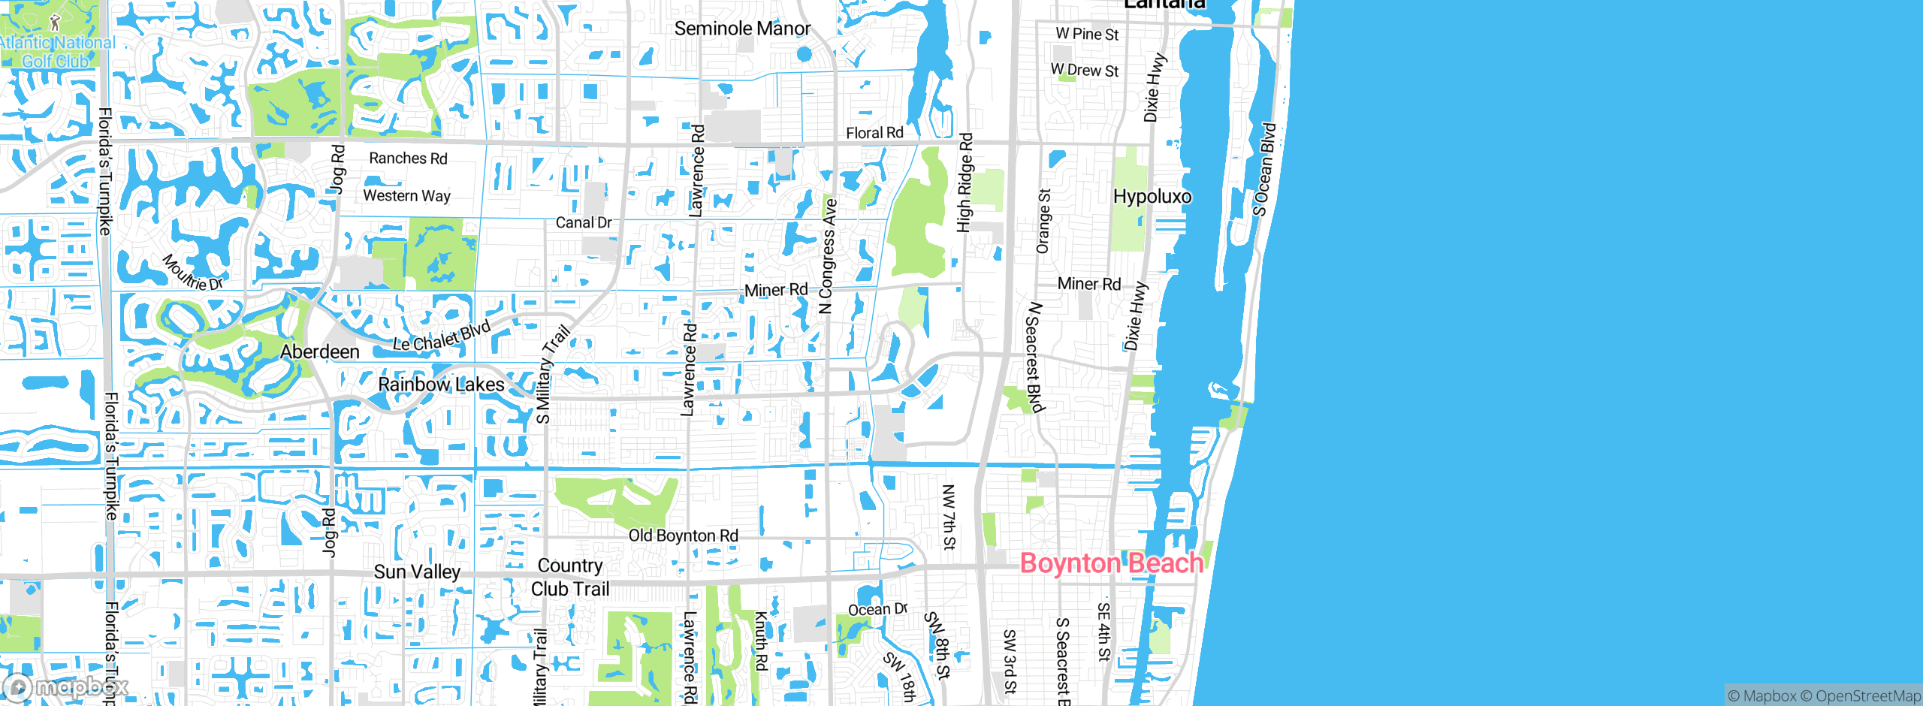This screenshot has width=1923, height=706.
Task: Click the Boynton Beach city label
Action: pyautogui.click(x=1111, y=563)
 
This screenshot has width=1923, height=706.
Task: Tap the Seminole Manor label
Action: pyautogui.click(x=742, y=29)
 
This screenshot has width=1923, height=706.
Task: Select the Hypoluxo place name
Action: pyautogui.click(x=1152, y=197)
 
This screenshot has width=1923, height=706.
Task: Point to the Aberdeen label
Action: pyautogui.click(x=319, y=351)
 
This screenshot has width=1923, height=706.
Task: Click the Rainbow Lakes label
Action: pyautogui.click(x=441, y=385)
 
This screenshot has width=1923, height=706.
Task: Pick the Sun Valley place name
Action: pyautogui.click(x=417, y=572)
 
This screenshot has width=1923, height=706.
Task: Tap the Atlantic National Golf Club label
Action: pyautogui.click(x=56, y=51)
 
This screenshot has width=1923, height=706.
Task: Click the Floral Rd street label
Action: pyautogui.click(x=874, y=133)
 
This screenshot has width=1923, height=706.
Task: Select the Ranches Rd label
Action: pyautogui.click(x=408, y=158)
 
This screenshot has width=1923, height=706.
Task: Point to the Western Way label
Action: pyautogui.click(x=406, y=196)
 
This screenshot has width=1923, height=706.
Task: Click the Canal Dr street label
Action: pyautogui.click(x=583, y=223)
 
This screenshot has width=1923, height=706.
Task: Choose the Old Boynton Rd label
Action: pyautogui.click(x=683, y=536)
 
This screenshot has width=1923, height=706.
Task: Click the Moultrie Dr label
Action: pyautogui.click(x=192, y=273)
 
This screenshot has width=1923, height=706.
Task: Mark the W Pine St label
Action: pyautogui.click(x=1086, y=34)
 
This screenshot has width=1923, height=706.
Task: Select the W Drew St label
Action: pyautogui.click(x=1084, y=70)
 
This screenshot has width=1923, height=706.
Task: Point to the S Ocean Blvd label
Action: pyautogui.click(x=1264, y=170)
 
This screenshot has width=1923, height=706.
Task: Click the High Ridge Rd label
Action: pyautogui.click(x=965, y=183)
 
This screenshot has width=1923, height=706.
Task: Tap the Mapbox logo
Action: pyautogui.click(x=66, y=687)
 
